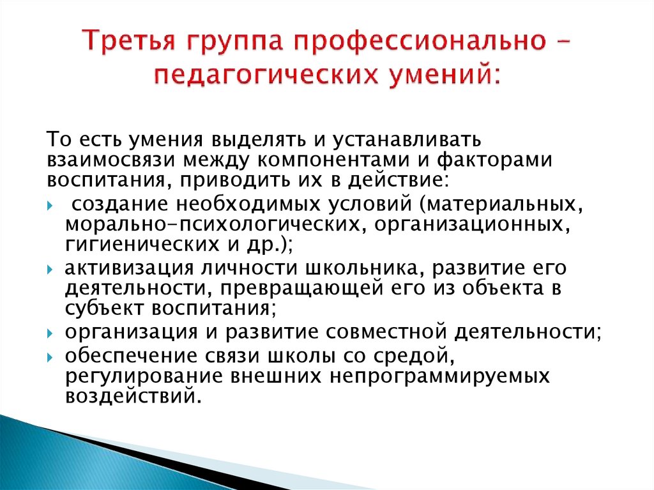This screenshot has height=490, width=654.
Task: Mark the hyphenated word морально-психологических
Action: pyautogui.click(x=211, y=224)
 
